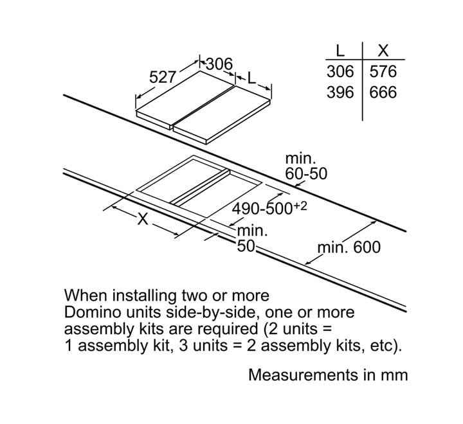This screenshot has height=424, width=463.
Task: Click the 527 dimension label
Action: click(x=163, y=77)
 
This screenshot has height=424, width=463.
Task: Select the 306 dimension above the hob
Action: click(x=219, y=64)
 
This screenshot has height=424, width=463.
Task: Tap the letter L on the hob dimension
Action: click(x=251, y=78)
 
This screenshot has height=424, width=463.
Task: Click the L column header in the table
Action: click(x=340, y=51)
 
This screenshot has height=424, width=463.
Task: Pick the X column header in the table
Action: click(x=383, y=51)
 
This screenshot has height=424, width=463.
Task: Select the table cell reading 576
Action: click(x=383, y=72)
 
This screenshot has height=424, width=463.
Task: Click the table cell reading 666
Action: click(x=383, y=93)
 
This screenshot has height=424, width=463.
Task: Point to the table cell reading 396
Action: click(x=340, y=93)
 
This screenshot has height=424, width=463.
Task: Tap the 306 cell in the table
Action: click(x=340, y=72)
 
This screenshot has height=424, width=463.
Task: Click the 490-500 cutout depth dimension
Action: click(x=269, y=208)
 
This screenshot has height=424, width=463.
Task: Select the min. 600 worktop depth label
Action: click(x=349, y=247)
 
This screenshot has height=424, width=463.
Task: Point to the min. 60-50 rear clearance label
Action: click(x=306, y=166)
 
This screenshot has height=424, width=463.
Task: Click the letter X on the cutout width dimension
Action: click(x=143, y=219)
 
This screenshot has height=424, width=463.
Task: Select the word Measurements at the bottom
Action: click(x=303, y=375)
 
